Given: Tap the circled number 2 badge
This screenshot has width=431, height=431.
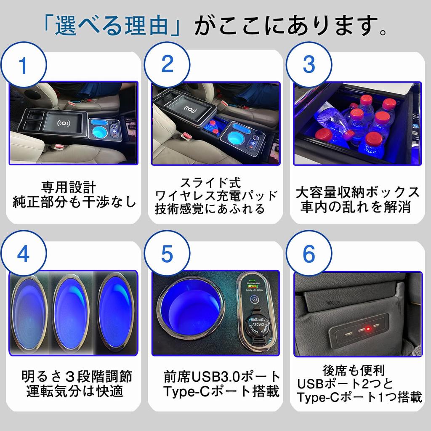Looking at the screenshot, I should [x=167, y=64].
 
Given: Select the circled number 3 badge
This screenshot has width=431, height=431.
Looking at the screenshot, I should [x=309, y=64].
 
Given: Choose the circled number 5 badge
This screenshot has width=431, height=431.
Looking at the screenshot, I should [x=167, y=253].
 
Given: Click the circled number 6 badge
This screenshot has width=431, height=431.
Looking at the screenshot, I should [x=309, y=253].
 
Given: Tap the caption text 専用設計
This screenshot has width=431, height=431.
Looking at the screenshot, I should [x=69, y=187].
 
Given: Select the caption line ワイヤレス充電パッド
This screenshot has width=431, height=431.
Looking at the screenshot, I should [x=216, y=196].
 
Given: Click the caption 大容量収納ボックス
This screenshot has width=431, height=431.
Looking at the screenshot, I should [x=358, y=192].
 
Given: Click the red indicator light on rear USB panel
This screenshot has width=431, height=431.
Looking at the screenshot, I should [x=367, y=328].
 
